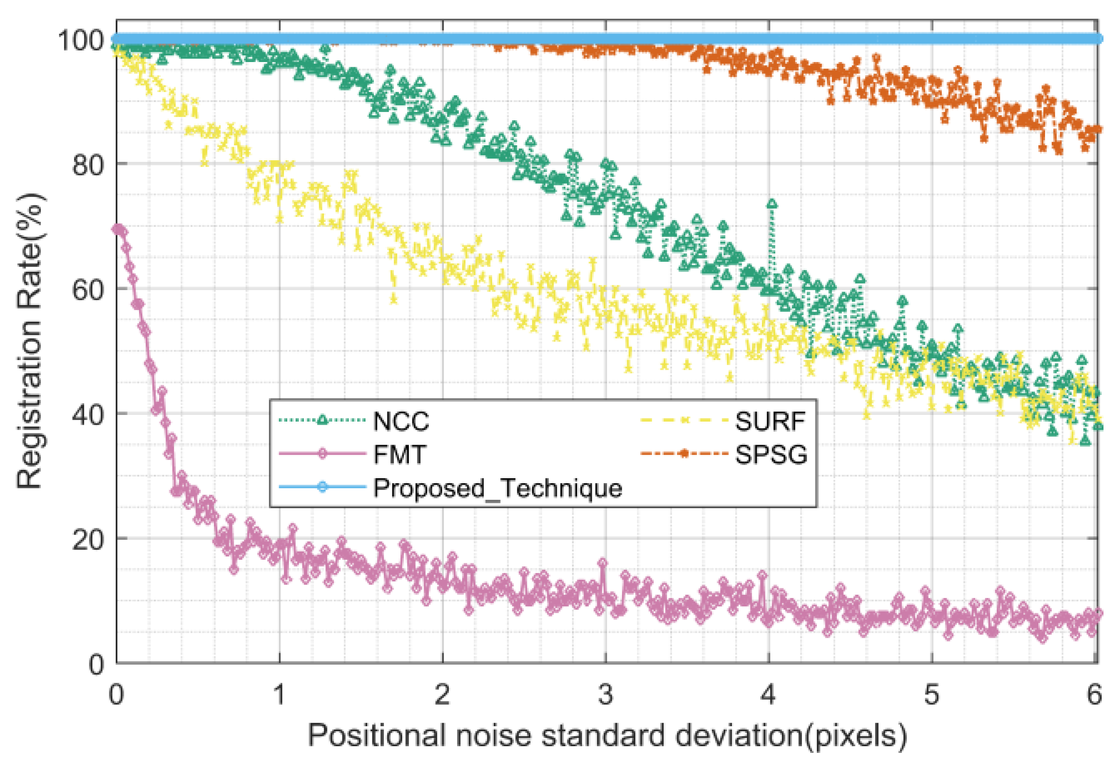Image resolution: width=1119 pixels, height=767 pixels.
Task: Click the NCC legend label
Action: tap(400, 421)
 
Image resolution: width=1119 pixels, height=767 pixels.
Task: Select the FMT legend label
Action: tap(399, 454)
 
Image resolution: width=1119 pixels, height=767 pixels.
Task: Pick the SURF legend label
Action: tap(769, 421)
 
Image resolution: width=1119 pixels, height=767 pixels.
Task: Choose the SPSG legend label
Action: tap(770, 454)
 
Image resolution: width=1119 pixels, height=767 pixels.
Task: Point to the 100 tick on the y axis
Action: tap(81, 40)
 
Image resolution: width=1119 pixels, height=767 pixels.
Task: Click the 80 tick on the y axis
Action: tap(88, 165)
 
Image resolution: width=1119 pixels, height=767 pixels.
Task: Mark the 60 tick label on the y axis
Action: tap(88, 290)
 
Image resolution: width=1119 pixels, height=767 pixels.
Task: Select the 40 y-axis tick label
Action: tap(88, 414)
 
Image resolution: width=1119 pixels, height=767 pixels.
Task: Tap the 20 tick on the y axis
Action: tap(88, 539)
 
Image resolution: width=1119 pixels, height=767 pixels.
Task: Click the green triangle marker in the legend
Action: tap(322, 420)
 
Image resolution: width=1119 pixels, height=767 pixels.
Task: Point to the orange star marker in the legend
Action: tap(683, 453)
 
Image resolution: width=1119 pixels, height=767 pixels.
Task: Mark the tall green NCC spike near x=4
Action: tap(772, 205)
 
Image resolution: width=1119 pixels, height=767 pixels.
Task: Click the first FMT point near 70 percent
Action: tap(116, 229)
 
